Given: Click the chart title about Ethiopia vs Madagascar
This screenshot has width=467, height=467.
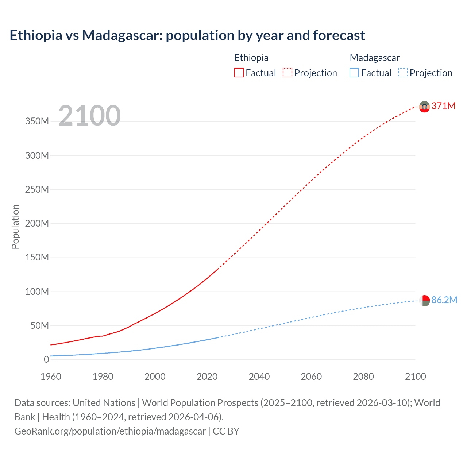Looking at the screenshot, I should (x=187, y=35).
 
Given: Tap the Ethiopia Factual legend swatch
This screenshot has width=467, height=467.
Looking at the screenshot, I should (x=239, y=73).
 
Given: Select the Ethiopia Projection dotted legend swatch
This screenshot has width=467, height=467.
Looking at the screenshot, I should (x=287, y=73).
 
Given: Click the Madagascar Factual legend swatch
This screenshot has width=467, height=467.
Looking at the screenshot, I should (x=354, y=73).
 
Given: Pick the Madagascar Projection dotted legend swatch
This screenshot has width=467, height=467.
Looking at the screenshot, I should (x=403, y=73).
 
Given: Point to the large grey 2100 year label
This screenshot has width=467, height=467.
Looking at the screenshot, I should (x=89, y=116).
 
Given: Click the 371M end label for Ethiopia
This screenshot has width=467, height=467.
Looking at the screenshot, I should (x=443, y=106).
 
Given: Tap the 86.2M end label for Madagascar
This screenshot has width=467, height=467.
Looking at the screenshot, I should (x=444, y=300).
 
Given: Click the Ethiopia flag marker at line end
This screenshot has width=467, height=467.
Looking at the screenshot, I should (x=424, y=107).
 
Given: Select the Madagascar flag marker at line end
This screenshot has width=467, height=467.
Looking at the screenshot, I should (x=424, y=301).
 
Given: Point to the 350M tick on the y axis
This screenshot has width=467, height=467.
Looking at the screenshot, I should (x=37, y=121).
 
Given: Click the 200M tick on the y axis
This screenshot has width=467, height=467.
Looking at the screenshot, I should (x=37, y=223).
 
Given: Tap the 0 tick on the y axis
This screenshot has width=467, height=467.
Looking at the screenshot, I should (x=46, y=359).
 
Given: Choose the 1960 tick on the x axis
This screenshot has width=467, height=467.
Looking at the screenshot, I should (x=51, y=377).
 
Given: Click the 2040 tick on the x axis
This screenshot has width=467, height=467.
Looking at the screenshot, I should (x=259, y=377).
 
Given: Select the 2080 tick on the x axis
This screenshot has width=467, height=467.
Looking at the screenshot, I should (x=363, y=377).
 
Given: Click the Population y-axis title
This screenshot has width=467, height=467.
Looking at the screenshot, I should (x=15, y=227).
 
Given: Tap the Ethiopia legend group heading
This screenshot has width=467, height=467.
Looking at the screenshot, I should (x=251, y=58).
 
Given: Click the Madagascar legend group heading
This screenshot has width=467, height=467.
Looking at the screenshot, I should (x=375, y=58).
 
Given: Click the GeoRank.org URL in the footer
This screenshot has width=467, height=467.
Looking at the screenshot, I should (x=110, y=431).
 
